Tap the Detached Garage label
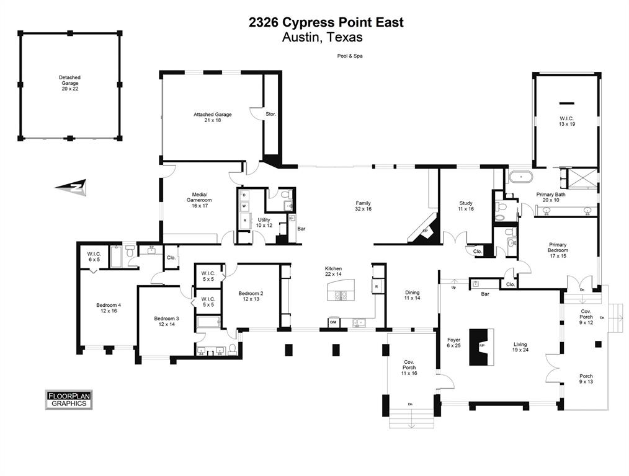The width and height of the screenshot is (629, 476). pyautogui.click(x=69, y=83)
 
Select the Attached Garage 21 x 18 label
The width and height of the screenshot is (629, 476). pyautogui.click(x=212, y=117)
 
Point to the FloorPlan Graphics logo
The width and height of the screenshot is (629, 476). pyautogui.click(x=69, y=399)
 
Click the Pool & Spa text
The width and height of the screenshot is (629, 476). pyautogui.click(x=350, y=56)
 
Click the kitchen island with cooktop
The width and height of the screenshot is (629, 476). pyautogui.click(x=339, y=290)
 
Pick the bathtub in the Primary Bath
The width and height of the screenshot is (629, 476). pyautogui.click(x=521, y=177)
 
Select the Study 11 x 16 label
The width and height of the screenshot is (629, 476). pyautogui.click(x=466, y=206)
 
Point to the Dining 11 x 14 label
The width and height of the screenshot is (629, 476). pyautogui.click(x=413, y=295)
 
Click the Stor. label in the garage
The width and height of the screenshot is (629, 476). pyautogui.click(x=270, y=115)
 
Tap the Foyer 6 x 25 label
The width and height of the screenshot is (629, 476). pyautogui.click(x=454, y=343)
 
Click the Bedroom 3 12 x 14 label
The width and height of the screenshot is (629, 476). pyautogui.click(x=166, y=322)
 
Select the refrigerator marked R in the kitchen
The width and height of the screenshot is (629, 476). pyautogui.click(x=377, y=286)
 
